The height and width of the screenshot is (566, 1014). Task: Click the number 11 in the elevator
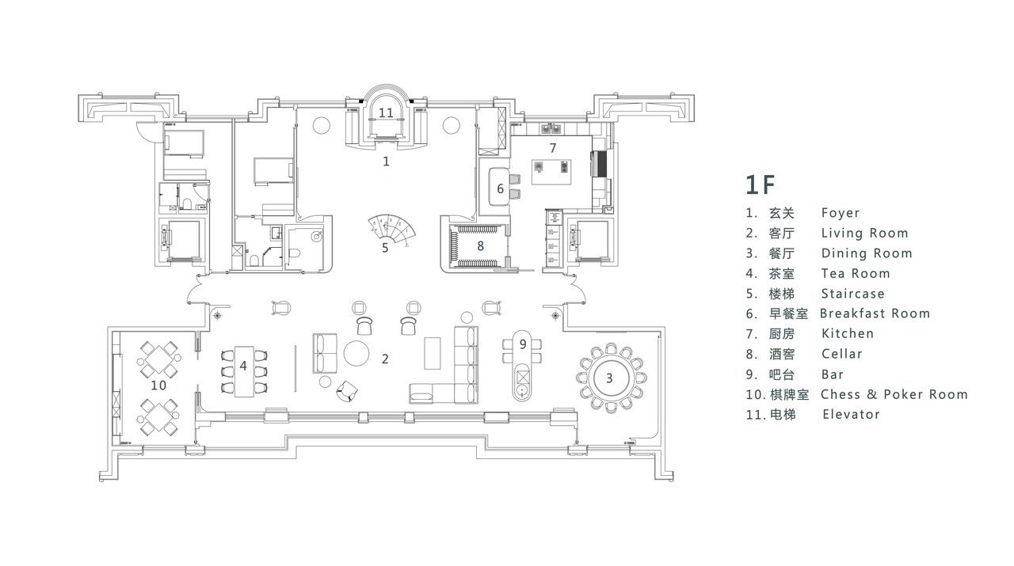tap(386, 112)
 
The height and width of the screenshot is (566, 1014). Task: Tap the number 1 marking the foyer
tap(386, 161)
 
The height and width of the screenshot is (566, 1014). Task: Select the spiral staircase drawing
tap(392, 229)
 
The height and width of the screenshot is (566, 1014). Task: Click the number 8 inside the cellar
tap(480, 245)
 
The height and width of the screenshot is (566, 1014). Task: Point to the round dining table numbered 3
tap(609, 378)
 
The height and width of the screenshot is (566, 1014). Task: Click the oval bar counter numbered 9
tap(522, 365)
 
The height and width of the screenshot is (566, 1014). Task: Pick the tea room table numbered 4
tap(243, 371)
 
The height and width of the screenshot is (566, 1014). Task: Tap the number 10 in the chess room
tap(158, 385)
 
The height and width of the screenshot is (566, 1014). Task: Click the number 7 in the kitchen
tap(553, 148)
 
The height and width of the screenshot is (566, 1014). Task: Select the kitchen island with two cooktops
tap(551, 172)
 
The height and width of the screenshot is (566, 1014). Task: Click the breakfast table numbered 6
tap(498, 186)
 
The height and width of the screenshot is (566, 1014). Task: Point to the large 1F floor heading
tap(760, 184)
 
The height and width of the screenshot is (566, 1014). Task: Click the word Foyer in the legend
tap(841, 213)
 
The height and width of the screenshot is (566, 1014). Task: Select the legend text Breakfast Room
tap(875, 313)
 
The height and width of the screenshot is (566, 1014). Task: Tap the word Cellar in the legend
tap(841, 354)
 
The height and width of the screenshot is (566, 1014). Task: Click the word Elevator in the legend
tap(851, 414)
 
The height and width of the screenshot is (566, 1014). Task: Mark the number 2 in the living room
tap(385, 359)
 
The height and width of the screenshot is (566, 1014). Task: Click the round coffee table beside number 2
tap(356, 353)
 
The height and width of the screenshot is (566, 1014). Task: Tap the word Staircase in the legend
tap(853, 294)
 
